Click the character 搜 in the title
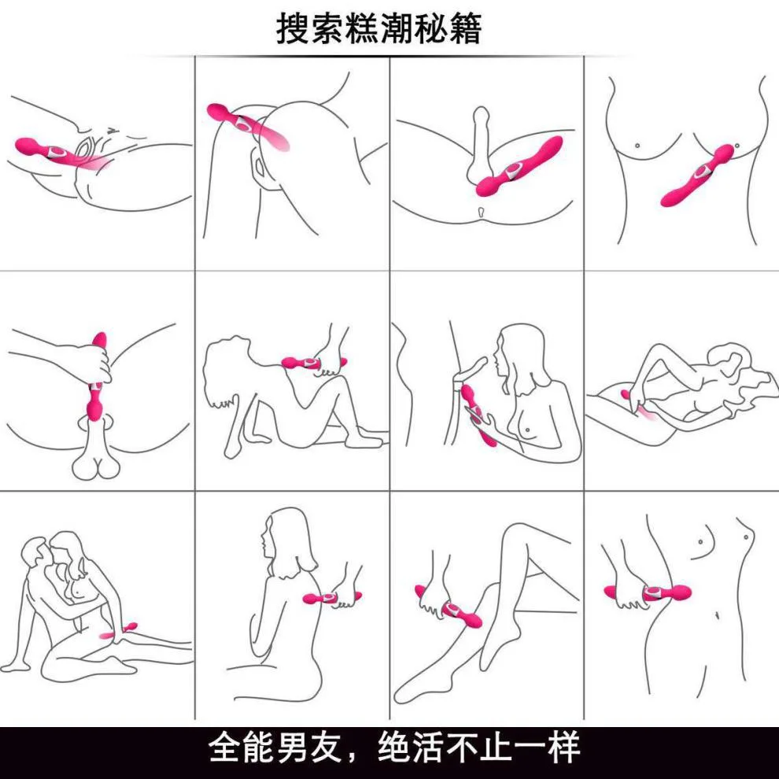point(294,28)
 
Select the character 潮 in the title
point(396,28)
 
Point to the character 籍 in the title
point(465,28)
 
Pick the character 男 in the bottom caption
point(294,747)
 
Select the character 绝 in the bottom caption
point(396,747)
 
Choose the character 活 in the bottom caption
point(430,747)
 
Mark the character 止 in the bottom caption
point(498,747)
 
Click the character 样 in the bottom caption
point(564,747)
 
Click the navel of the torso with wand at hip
point(718,615)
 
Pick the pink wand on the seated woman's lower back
point(332,598)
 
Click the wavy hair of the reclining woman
point(740,373)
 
